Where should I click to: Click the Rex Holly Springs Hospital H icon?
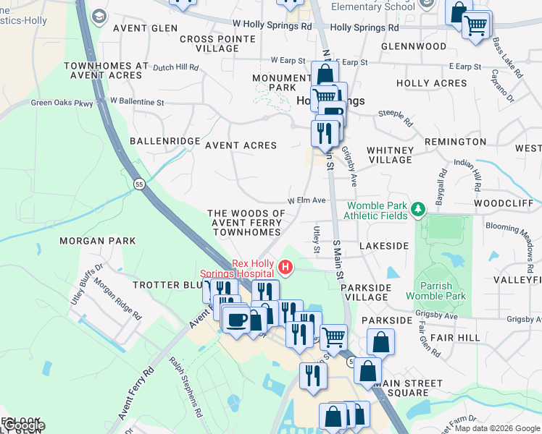(285, 268)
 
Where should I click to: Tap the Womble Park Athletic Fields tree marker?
(417, 210)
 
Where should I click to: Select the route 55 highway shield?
(138, 185)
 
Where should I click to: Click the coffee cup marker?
(235, 319)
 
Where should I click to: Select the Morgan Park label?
(93, 240)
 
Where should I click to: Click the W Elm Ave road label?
(308, 200)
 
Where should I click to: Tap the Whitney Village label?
(390, 155)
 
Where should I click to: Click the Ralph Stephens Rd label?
(185, 387)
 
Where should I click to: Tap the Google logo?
(23, 426)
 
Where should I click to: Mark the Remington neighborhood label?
(455, 142)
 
